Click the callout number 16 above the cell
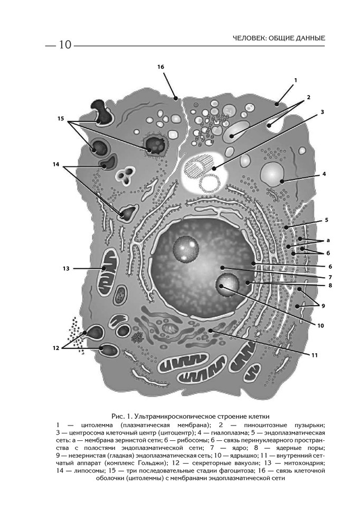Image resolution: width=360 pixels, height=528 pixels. [x=161, y=67]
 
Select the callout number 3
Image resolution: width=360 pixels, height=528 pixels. [x=322, y=112]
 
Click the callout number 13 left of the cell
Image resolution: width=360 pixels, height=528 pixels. [x=66, y=268]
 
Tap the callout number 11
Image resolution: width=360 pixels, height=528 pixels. [x=314, y=355]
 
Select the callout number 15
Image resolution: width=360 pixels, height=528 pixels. [x=61, y=119]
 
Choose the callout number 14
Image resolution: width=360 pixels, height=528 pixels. [x=56, y=164]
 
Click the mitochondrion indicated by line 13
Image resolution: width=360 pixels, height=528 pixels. [x=111, y=263]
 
